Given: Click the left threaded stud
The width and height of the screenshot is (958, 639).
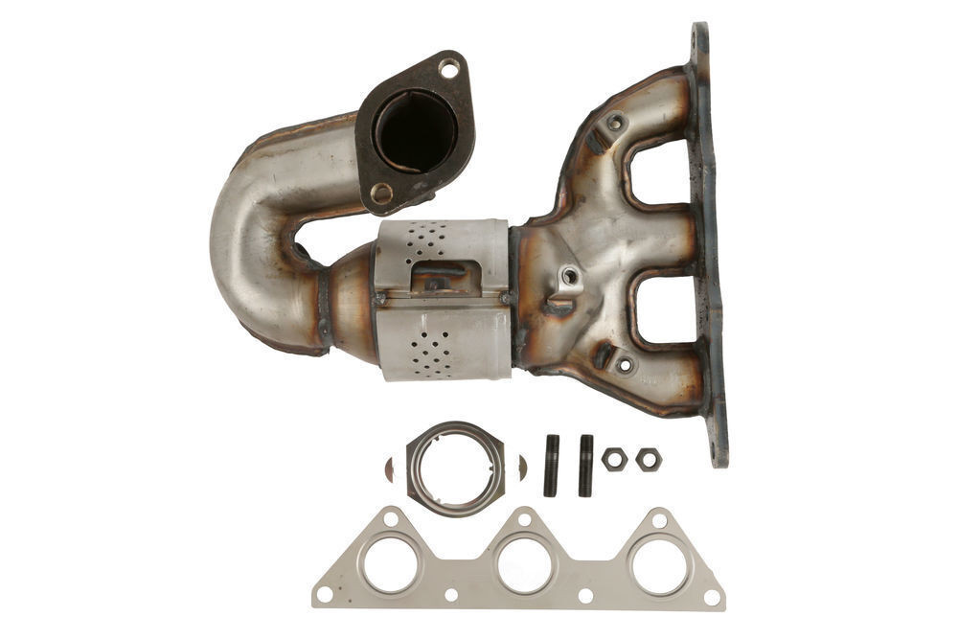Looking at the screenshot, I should pyautogui.click(x=551, y=465).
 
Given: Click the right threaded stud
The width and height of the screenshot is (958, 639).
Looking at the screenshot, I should pyautogui.click(x=585, y=465).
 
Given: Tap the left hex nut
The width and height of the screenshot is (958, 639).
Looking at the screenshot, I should pyautogui.click(x=614, y=459).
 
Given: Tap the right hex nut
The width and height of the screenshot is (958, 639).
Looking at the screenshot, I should pyautogui.click(x=649, y=459).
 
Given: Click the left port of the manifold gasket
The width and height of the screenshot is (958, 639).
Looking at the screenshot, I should pyautogui.click(x=390, y=564).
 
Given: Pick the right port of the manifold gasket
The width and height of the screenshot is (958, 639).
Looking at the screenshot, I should pyautogui.click(x=659, y=564).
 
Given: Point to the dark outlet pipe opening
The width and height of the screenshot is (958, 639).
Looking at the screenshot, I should pyautogui.click(x=415, y=131).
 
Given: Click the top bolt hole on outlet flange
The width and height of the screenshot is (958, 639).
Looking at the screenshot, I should pyautogui.click(x=447, y=68).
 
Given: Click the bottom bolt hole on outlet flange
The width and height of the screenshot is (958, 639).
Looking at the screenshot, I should pyautogui.click(x=381, y=194).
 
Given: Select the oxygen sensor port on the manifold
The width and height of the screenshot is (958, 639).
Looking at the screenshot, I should pyautogui.click(x=571, y=277).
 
